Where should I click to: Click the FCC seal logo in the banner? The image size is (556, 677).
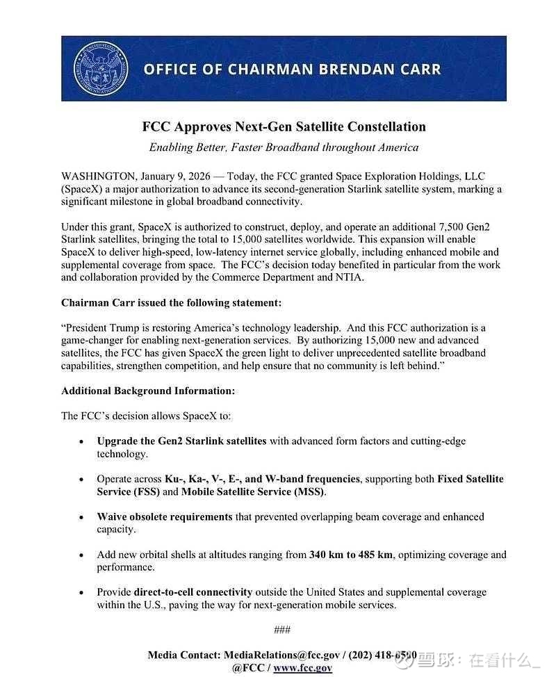101,69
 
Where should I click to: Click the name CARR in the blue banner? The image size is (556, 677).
417,70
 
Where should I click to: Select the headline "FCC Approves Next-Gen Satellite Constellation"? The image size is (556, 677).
284,127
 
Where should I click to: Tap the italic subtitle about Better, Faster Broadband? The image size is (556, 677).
284,147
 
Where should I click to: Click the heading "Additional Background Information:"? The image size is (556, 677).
148,391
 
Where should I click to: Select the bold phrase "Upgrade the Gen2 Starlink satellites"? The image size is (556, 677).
181,441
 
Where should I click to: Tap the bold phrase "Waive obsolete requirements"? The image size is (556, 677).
165,517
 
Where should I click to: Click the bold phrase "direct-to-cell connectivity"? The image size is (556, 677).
193,592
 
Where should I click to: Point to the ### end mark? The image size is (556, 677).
282,630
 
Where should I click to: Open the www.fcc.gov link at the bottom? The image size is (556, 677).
302,668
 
